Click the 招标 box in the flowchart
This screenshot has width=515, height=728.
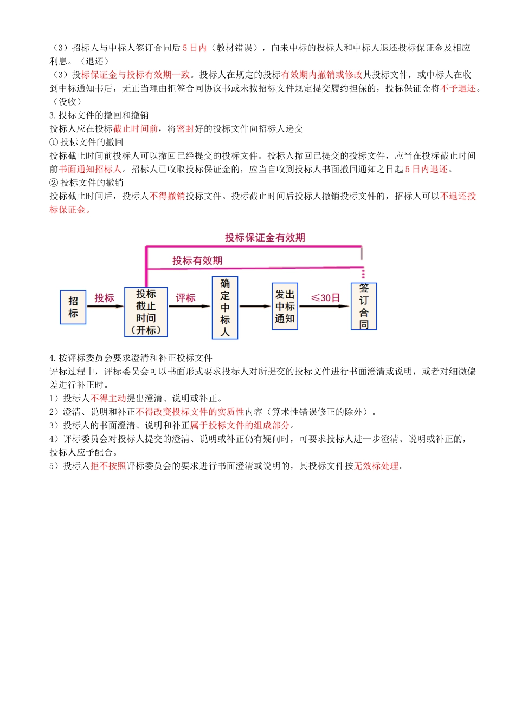[73, 307]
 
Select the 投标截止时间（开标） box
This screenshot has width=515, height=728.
[146, 312]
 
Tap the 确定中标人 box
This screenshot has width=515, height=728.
[225, 308]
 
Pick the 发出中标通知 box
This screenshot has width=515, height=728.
[285, 306]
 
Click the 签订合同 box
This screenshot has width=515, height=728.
[364, 307]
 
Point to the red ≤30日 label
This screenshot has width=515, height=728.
[325, 298]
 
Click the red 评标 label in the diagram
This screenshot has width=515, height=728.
[185, 298]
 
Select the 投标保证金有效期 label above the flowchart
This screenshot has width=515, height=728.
[265, 238]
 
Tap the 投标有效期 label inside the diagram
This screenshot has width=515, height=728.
[197, 261]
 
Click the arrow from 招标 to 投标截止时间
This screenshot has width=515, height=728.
[105, 307]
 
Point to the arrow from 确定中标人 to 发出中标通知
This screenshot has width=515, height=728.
[255, 307]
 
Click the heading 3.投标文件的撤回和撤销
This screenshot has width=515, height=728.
[99, 115]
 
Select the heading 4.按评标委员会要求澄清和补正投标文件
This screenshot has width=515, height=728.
[131, 358]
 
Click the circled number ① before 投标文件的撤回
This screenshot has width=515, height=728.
[54, 142]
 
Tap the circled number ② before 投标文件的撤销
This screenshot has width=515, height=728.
[54, 183]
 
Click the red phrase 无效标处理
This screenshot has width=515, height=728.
[376, 466]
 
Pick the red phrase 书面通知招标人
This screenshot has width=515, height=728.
[91, 170]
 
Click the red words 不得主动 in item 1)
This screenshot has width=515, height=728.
[108, 399]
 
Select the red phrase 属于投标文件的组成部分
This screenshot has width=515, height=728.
[240, 426]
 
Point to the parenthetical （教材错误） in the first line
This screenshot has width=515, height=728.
[234, 48]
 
